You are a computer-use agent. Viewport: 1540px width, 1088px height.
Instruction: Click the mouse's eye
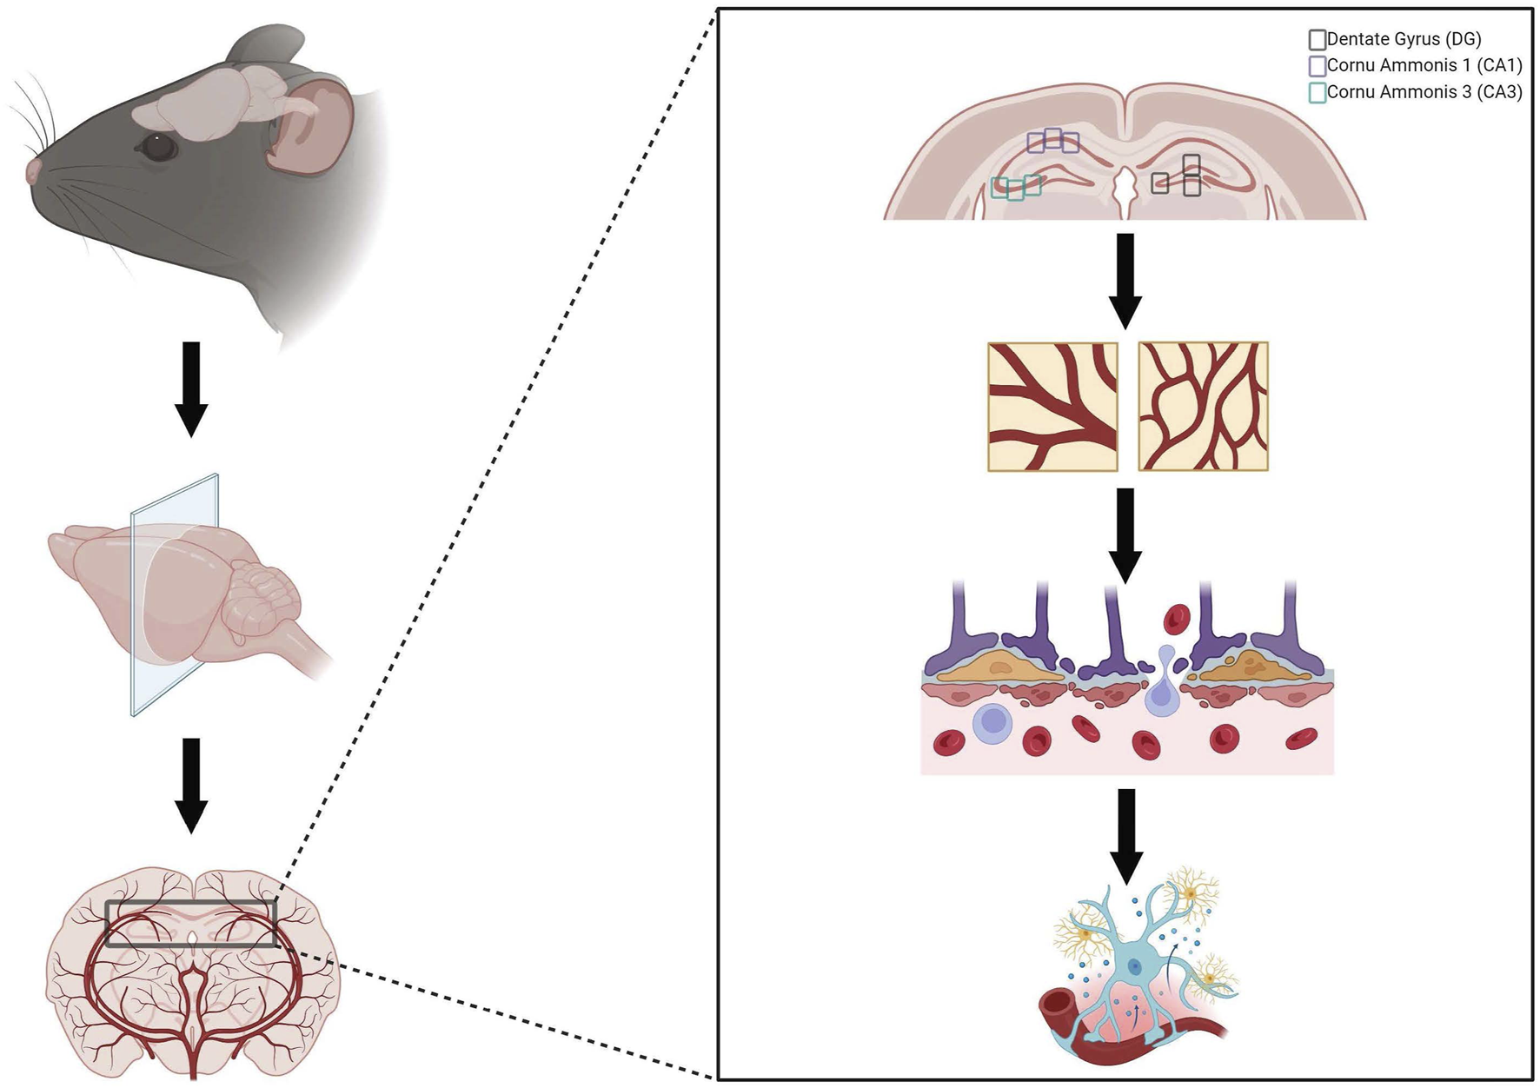(x=157, y=146)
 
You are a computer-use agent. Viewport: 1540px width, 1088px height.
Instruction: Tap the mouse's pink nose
(x=33, y=169)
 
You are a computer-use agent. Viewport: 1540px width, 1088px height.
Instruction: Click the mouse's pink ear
(x=309, y=126)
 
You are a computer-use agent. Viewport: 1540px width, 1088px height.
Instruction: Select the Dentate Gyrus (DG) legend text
(x=1404, y=39)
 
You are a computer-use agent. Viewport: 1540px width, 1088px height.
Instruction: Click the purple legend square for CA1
(x=1317, y=66)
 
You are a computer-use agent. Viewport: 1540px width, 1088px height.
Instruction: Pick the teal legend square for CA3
(x=1317, y=92)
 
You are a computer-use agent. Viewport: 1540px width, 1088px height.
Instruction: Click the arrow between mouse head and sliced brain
(x=191, y=388)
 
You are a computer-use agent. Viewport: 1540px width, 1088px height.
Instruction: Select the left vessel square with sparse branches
(x=1052, y=407)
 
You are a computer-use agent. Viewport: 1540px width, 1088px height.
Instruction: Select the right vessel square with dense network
(x=1203, y=407)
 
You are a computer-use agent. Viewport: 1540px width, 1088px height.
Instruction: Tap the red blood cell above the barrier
(x=1177, y=620)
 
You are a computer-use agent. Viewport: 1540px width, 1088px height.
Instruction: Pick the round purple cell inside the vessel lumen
(x=992, y=723)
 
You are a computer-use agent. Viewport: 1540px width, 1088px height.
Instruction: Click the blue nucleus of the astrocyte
(x=1134, y=966)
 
